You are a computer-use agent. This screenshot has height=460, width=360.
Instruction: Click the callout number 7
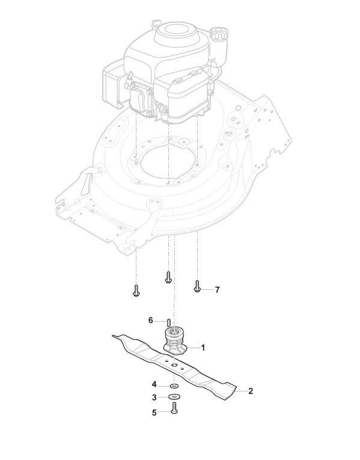click(217, 290)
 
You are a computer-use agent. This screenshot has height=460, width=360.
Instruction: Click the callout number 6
click(151, 320)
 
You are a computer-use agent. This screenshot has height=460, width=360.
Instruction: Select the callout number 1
click(203, 348)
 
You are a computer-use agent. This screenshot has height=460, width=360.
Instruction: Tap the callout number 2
click(250, 391)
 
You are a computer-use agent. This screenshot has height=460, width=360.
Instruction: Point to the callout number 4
click(154, 384)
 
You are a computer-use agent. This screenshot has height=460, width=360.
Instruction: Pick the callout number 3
click(154, 398)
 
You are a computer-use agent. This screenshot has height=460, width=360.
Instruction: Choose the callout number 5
click(154, 412)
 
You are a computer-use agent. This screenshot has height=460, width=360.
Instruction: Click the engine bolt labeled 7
click(197, 286)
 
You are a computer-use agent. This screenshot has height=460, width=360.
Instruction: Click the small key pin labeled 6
click(168, 322)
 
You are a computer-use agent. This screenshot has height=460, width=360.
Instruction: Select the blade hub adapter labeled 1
click(174, 342)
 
